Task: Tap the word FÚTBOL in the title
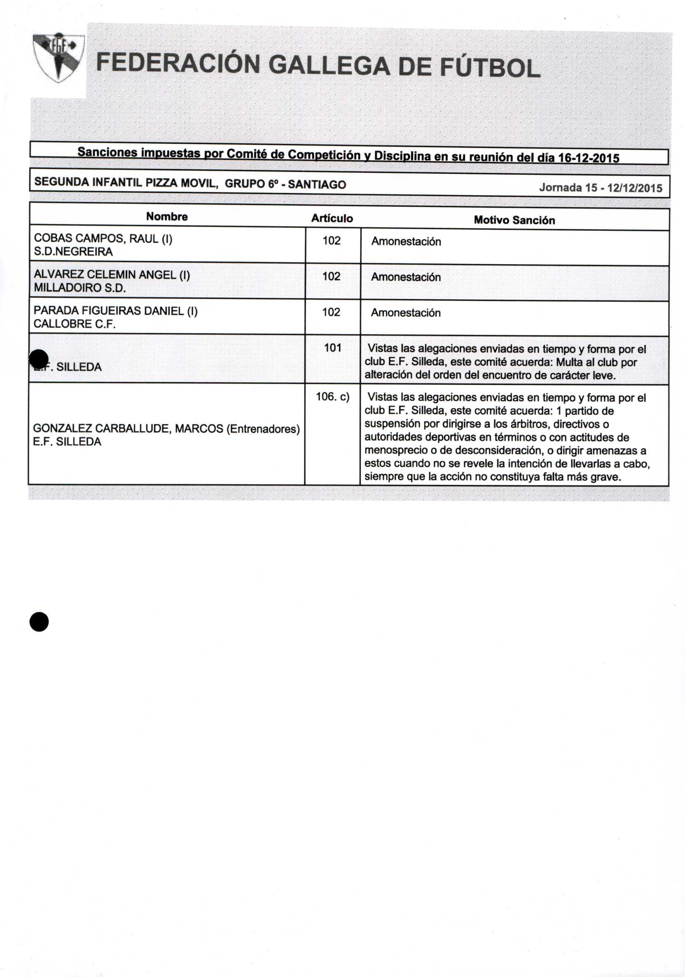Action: pos(489,68)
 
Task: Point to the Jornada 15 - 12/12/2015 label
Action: pos(600,188)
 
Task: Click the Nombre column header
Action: pos(167,217)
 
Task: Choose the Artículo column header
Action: pos(332,218)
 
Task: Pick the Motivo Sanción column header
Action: pos(514,220)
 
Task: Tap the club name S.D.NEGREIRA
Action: pos(73,252)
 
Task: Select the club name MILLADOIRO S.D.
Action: pos(79,287)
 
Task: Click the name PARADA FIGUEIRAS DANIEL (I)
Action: pos(115,311)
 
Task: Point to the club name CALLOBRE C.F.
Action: pos(75,324)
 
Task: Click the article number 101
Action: pos(332,348)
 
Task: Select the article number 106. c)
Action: pos(332,397)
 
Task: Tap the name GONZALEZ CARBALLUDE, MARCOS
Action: pos(128,428)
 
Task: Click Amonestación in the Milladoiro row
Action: pos(405,277)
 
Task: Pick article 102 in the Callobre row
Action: pos(331,312)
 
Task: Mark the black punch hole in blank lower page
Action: pos(39,622)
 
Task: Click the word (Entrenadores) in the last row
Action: pos(263,428)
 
